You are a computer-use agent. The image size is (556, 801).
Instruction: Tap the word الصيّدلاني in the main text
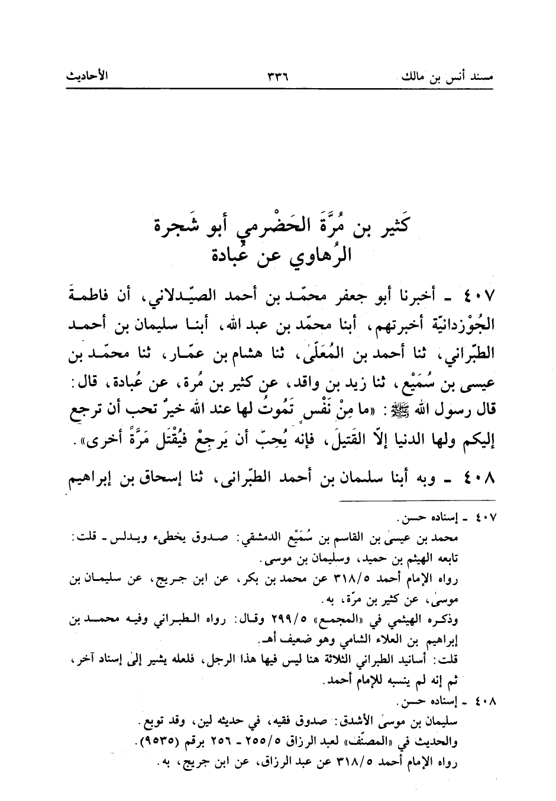(x=221, y=294)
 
